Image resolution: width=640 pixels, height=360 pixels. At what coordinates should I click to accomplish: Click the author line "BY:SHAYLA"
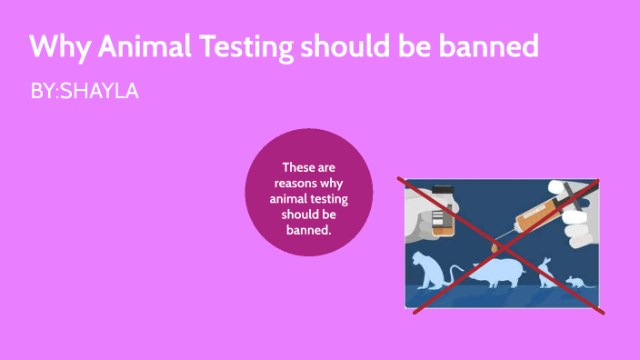(84, 91)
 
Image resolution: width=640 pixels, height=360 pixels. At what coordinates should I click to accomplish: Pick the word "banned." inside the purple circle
(309, 229)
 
